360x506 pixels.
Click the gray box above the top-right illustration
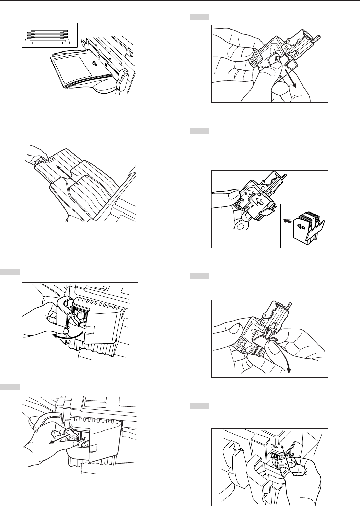(x=199, y=16)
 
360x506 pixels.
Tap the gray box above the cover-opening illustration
(x=10, y=273)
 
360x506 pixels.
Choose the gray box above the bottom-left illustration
(x=10, y=387)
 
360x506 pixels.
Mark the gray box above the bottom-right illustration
(x=199, y=406)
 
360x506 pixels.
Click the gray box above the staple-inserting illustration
(x=199, y=131)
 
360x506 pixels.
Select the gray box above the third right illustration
(x=199, y=276)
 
